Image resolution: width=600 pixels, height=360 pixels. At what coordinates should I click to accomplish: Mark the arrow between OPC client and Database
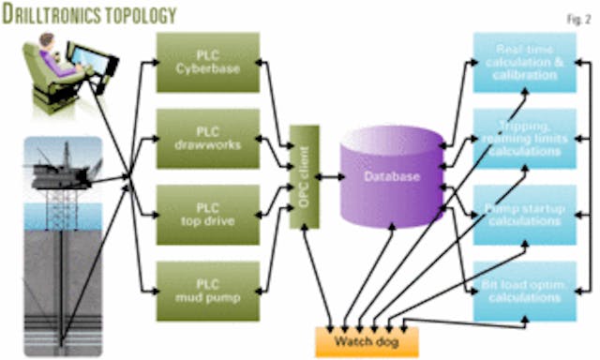click(x=329, y=176)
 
